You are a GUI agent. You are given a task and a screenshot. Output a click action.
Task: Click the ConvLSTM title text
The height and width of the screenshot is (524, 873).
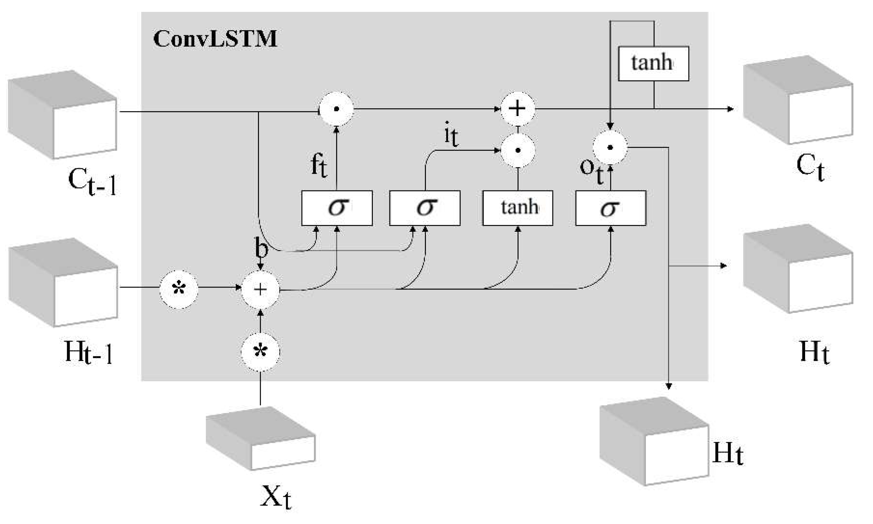215,39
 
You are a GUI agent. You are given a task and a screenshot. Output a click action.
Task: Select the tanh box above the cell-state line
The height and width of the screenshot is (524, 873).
653,63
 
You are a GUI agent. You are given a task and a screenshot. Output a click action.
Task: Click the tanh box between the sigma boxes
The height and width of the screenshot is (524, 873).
518,208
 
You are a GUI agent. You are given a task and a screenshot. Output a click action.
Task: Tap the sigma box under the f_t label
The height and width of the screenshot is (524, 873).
337,208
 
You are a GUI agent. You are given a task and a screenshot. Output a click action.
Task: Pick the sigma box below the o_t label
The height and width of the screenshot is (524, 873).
611,208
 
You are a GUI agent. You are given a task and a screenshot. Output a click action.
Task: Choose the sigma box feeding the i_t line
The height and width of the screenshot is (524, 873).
425,208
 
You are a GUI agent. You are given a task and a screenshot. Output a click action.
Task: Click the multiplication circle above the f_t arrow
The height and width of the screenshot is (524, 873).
336,109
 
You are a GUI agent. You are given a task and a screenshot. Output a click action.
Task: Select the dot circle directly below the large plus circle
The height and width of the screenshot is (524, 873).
518,150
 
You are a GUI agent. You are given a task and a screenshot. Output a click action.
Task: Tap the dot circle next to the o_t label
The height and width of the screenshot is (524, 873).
610,147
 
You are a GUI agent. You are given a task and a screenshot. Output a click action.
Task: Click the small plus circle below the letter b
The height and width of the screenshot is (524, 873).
260,290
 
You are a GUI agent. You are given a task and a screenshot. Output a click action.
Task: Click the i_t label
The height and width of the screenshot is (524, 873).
451,134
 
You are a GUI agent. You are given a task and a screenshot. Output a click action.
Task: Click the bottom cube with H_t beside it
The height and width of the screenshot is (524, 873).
654,442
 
